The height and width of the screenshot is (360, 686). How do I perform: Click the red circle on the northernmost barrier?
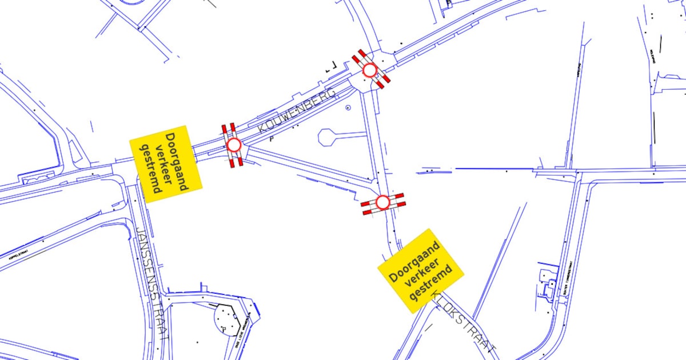(370, 70)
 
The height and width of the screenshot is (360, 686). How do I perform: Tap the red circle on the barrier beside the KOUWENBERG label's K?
(234, 145)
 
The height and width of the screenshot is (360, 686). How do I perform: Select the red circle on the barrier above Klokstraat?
(382, 202)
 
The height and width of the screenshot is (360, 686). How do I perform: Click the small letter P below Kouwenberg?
(272, 138)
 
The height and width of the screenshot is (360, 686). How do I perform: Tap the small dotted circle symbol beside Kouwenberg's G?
(348, 107)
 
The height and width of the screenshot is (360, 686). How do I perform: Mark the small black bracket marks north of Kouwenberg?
(330, 68)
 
